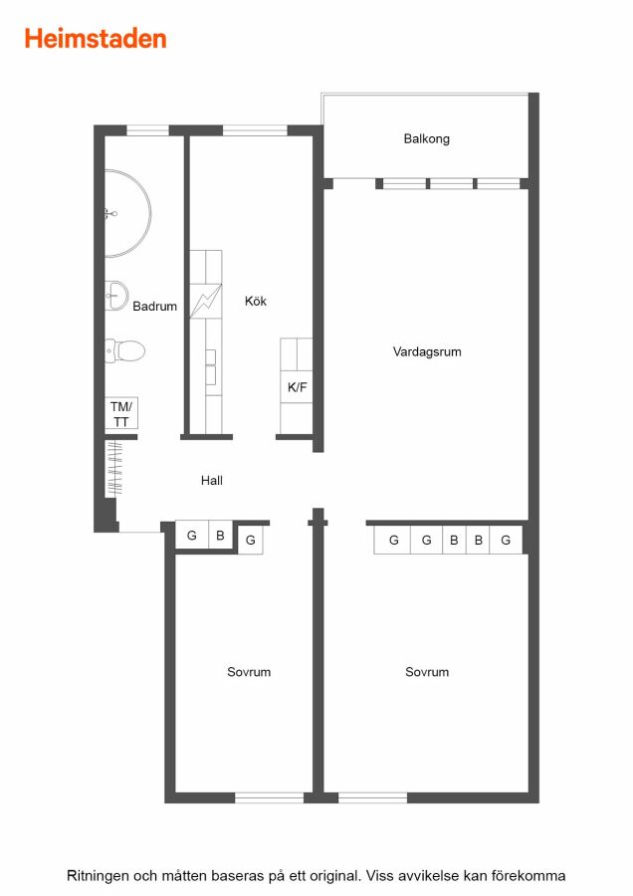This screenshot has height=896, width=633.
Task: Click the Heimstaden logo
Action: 96,39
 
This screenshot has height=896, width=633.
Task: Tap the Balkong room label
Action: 427,138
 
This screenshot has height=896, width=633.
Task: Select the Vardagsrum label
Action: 427,352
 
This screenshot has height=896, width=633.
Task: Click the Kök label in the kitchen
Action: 256,301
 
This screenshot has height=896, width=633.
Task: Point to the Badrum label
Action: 155,307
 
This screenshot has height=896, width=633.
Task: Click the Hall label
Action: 211,481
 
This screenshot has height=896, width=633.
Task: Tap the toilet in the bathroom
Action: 124,350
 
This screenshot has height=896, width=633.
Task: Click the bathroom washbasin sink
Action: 116,296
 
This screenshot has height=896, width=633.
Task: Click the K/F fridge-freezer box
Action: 297,387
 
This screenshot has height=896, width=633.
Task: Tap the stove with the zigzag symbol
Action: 206,301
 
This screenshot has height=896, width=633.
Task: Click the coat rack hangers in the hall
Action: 114,468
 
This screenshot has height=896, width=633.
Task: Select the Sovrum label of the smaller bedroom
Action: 249,672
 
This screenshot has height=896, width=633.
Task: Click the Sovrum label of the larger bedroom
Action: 427,672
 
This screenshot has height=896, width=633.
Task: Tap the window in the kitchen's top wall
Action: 255,130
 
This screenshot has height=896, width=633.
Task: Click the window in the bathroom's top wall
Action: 147,130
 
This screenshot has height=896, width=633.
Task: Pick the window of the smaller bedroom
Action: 269,797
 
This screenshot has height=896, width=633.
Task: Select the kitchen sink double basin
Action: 211,366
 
